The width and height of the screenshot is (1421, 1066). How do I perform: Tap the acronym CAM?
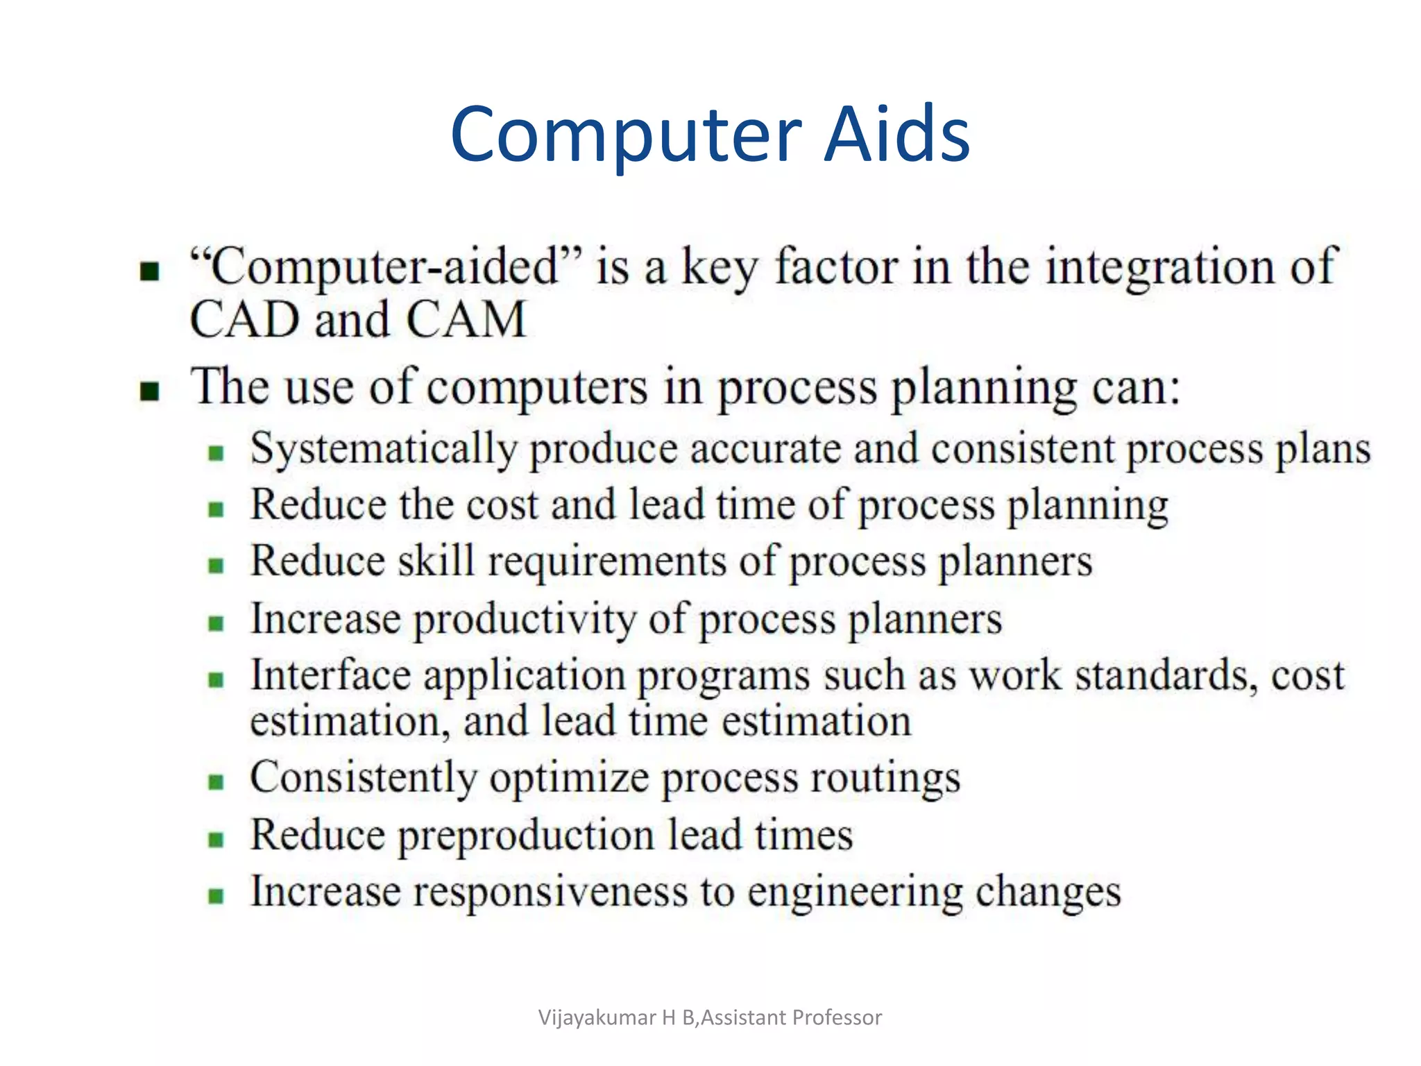tap(466, 320)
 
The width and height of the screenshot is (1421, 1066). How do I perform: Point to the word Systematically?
tap(384, 450)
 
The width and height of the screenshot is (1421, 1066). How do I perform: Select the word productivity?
tap(525, 619)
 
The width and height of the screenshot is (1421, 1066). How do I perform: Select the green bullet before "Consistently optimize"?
tap(216, 782)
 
